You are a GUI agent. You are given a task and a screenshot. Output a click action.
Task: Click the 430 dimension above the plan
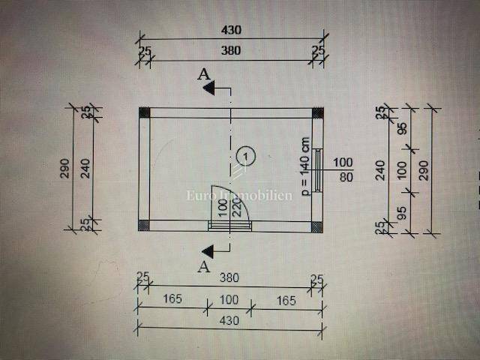(x=231, y=31)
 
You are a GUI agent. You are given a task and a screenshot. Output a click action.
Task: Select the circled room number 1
(x=244, y=155)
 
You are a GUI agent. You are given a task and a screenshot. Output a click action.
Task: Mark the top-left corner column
(x=145, y=112)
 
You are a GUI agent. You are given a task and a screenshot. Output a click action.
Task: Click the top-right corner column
(x=318, y=112)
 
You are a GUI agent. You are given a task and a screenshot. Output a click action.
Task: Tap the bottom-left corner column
(x=145, y=225)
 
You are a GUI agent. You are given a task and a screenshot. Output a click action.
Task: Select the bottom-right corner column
(x=318, y=225)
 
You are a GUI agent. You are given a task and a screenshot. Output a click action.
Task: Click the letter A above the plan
(x=202, y=73)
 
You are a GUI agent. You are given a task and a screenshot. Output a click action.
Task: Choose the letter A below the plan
(x=202, y=265)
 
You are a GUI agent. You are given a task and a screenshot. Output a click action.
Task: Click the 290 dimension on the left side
(x=65, y=168)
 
